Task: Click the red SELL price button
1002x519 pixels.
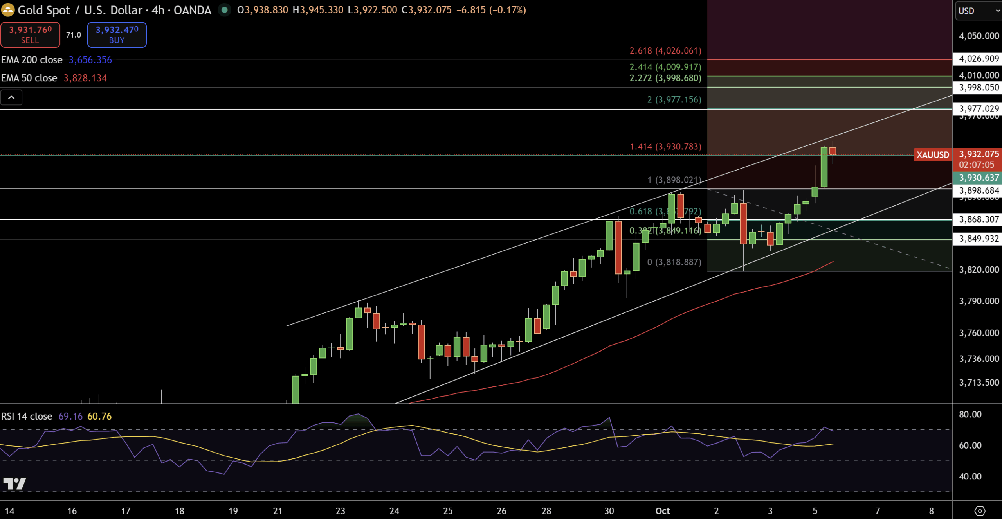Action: pyautogui.click(x=30, y=34)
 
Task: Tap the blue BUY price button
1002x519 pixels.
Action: pyautogui.click(x=117, y=34)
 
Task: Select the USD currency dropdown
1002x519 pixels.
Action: pyautogui.click(x=977, y=11)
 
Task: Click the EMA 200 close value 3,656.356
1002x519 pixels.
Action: pyautogui.click(x=90, y=60)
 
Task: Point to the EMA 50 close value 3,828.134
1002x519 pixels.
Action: pyautogui.click(x=85, y=78)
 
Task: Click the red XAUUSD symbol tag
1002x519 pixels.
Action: pyautogui.click(x=932, y=155)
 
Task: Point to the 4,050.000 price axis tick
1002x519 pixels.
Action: pyautogui.click(x=979, y=36)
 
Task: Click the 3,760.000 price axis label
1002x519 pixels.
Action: pyautogui.click(x=979, y=333)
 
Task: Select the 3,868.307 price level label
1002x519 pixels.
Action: pyautogui.click(x=979, y=219)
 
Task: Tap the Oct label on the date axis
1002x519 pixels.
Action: pyautogui.click(x=663, y=511)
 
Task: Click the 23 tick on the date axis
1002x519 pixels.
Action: pyautogui.click(x=340, y=511)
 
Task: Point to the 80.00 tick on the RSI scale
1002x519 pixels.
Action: pyautogui.click(x=970, y=415)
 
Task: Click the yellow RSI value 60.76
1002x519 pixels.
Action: pyautogui.click(x=99, y=417)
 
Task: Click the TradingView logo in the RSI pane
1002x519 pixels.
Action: pyautogui.click(x=14, y=484)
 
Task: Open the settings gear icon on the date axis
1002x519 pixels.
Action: pyautogui.click(x=980, y=511)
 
